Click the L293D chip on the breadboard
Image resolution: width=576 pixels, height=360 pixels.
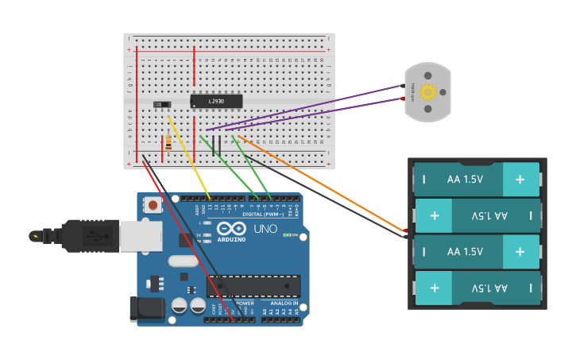point(216,101)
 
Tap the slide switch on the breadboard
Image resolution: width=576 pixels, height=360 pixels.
point(162,104)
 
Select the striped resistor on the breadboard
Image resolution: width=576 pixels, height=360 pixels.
point(168,143)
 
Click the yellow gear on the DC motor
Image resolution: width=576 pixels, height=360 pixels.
point(428,91)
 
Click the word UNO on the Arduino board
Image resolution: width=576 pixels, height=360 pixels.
point(265,229)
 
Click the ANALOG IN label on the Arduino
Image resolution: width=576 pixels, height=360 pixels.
point(284,304)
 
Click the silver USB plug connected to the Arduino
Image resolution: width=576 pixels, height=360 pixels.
point(141,235)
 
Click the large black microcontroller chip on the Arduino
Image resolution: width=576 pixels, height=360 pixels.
point(253,286)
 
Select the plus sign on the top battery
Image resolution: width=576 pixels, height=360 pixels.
point(520,180)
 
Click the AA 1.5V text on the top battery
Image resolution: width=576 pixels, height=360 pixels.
point(465,180)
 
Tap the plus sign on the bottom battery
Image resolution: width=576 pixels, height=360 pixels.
point(435,288)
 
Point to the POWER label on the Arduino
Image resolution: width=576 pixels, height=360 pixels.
point(245,304)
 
